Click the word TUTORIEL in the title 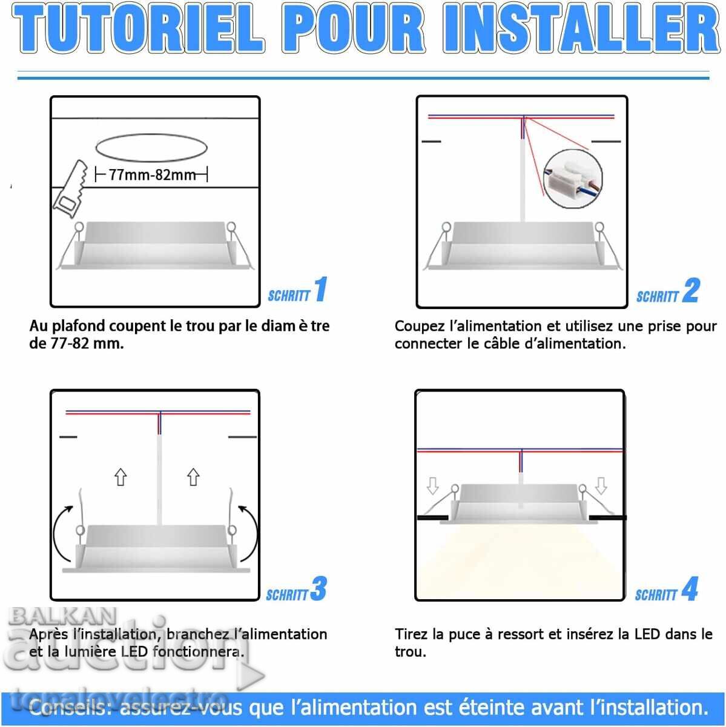(139, 28)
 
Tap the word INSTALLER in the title (581, 28)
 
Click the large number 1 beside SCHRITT (321, 289)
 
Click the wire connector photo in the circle (572, 178)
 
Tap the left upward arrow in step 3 (120, 477)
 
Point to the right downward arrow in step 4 (601, 486)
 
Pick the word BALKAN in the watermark (62, 617)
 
